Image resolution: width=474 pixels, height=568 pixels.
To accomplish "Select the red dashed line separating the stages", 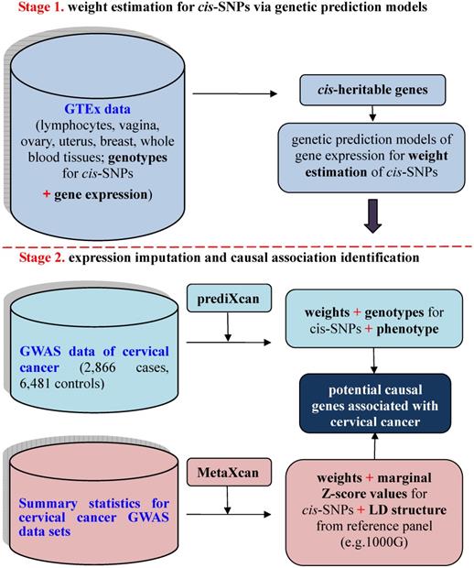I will pos(237,246).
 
